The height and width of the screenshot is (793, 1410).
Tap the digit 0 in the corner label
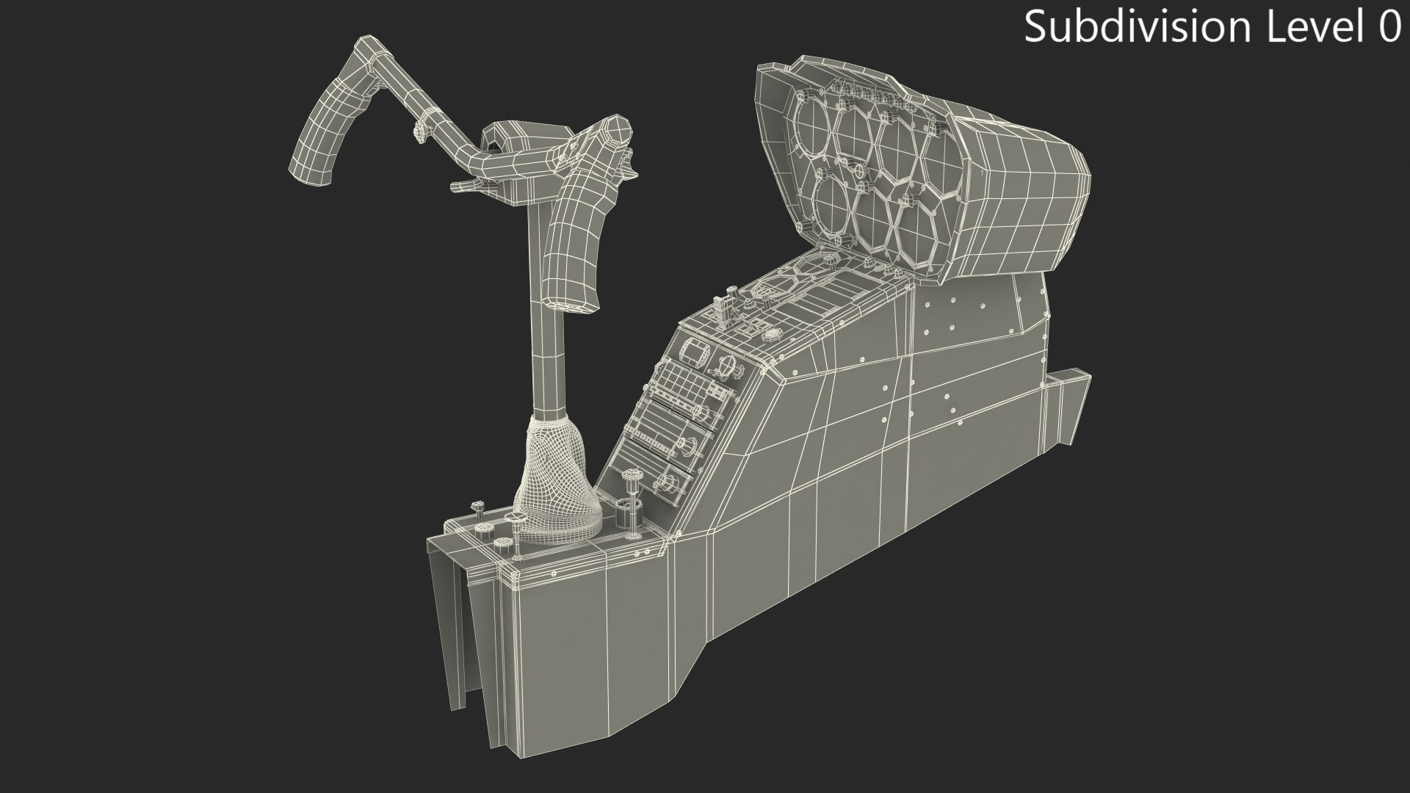coord(1389,27)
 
